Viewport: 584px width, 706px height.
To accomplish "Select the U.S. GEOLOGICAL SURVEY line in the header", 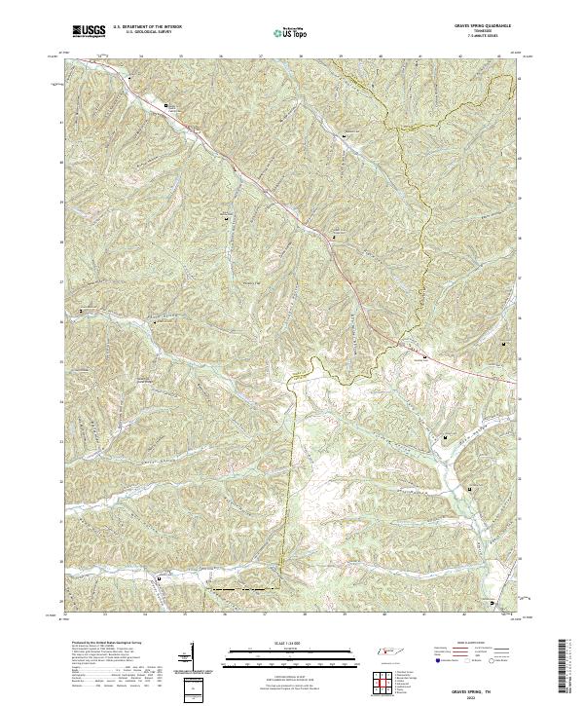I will (x=139, y=33).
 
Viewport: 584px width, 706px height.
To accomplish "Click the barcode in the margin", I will (x=567, y=672).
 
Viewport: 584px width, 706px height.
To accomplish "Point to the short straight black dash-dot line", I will (x=237, y=590).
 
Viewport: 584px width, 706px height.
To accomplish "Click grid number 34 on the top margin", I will (x=141, y=56).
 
